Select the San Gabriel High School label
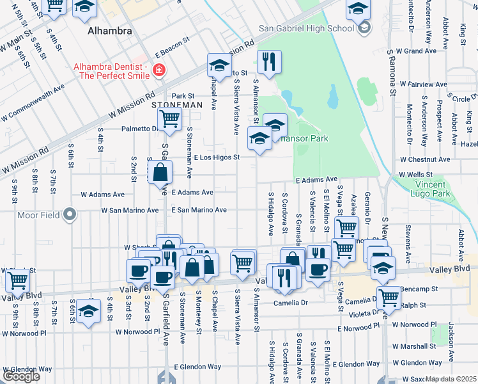pos(306,28)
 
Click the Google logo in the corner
pos(21,376)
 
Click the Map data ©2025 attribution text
pos(451,380)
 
